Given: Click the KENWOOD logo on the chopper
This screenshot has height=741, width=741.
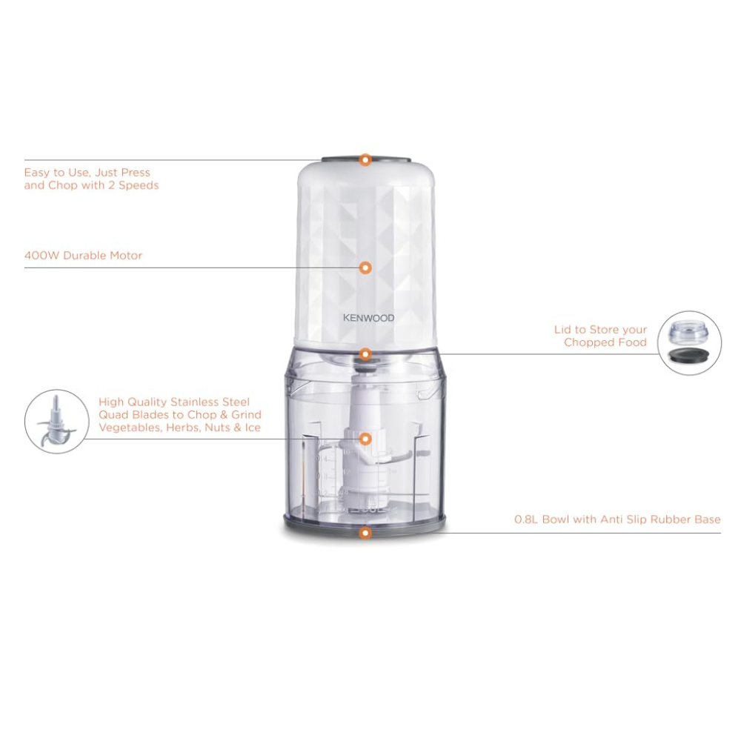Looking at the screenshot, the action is (368, 318).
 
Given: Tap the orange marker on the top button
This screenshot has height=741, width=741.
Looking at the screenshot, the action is (365, 160).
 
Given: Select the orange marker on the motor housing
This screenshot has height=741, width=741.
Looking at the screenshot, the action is (365, 268).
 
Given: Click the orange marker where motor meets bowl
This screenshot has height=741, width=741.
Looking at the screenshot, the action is (365, 354).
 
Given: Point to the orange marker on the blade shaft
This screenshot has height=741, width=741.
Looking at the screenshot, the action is (365, 439).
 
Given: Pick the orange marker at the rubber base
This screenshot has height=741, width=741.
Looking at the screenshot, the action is (365, 533).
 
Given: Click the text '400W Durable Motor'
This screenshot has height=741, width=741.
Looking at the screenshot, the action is (83, 256).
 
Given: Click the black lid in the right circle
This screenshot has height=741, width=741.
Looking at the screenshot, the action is (689, 355).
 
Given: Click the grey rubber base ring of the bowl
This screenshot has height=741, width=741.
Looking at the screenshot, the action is (365, 522).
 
